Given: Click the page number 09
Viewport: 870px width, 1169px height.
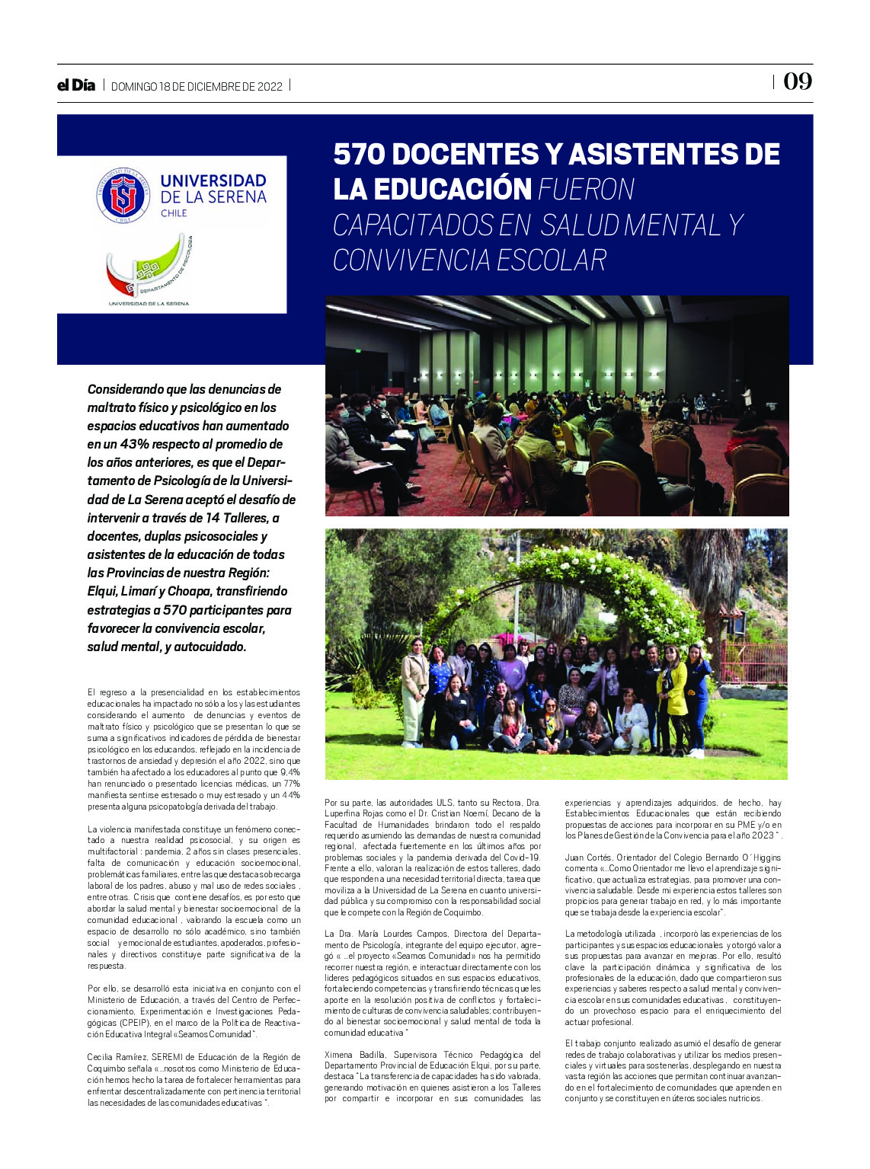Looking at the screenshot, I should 798,81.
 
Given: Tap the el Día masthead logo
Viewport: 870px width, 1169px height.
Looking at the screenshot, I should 76,85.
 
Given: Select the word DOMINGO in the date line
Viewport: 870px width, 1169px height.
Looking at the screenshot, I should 134,87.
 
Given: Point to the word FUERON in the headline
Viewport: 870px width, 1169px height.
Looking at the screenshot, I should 587,190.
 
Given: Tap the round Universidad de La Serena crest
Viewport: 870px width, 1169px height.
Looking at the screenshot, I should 123,196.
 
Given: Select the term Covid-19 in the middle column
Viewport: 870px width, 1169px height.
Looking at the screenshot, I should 523,858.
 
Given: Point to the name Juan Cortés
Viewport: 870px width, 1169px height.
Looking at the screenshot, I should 588,858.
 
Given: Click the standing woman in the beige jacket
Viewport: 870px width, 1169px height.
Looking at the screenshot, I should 414,689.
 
